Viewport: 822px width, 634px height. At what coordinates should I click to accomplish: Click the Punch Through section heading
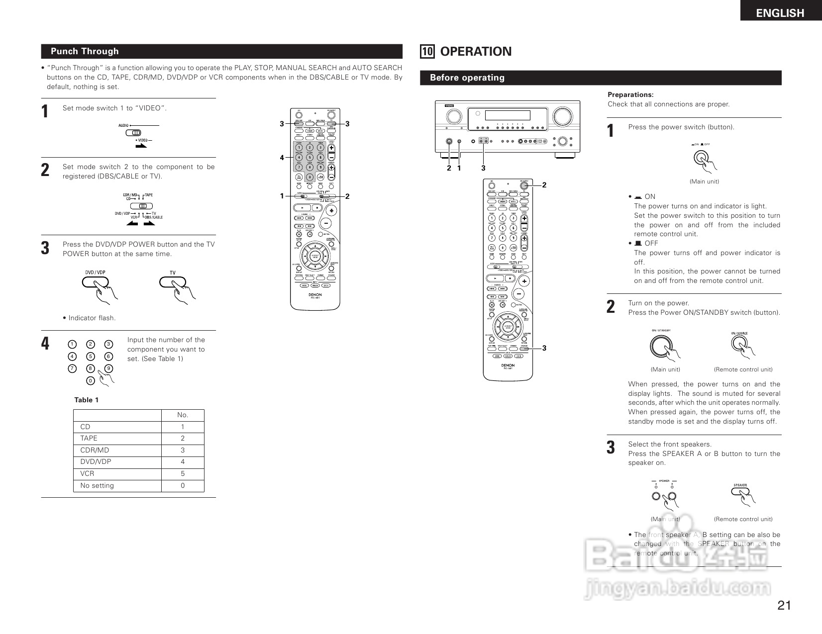point(85,51)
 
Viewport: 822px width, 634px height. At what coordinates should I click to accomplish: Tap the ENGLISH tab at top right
point(780,13)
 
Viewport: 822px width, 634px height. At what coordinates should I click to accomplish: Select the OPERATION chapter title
point(475,52)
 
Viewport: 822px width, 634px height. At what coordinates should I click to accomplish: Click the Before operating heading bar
point(467,78)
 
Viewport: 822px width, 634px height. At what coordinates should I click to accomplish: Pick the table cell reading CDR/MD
point(95,450)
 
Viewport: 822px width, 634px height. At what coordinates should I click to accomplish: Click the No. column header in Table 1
point(183,415)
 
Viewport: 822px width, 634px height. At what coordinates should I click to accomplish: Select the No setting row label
point(97,485)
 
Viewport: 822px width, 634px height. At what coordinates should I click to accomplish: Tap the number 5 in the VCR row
point(183,473)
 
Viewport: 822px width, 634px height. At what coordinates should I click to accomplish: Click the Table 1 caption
point(87,400)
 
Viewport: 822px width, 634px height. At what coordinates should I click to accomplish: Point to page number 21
point(784,605)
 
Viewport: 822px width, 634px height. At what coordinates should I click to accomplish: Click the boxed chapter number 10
point(427,52)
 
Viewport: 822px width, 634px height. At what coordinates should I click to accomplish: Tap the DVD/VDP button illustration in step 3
point(95,282)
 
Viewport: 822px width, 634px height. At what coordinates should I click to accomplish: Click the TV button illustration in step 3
point(172,282)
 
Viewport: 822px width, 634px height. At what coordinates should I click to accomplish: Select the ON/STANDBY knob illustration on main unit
point(660,346)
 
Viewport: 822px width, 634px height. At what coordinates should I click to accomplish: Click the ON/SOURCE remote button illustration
point(739,343)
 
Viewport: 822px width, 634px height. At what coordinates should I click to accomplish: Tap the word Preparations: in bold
point(630,94)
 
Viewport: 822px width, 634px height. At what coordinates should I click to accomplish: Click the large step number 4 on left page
point(45,344)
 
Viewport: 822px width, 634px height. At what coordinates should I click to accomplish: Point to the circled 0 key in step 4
point(90,381)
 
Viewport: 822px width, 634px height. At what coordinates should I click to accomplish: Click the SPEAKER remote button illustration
point(740,492)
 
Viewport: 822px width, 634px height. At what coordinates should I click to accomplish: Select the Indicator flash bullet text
point(91,318)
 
